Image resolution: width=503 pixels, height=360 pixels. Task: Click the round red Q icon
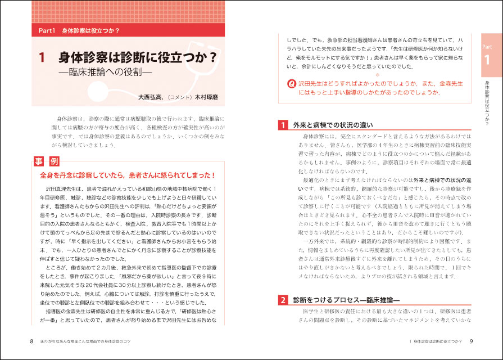[291, 84]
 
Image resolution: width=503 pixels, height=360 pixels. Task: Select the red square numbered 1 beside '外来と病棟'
[284, 125]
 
